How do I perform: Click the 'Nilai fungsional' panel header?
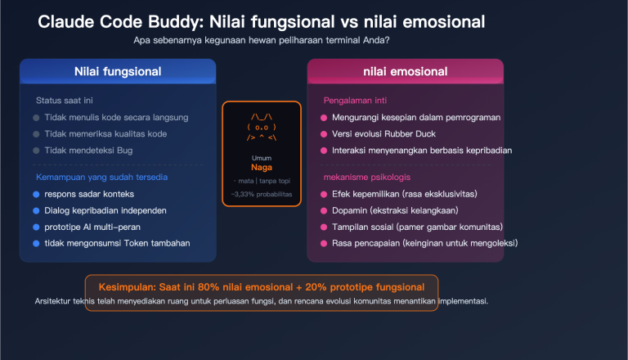click(117, 71)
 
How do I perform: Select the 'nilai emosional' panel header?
click(405, 71)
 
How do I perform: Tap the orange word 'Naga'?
click(261, 167)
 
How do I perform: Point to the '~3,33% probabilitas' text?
click(261, 194)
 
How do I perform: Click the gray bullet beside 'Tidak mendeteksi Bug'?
click(36, 151)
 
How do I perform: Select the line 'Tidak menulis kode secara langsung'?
click(117, 118)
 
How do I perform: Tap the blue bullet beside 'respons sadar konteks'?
click(36, 194)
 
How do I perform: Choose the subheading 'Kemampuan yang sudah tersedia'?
click(101, 177)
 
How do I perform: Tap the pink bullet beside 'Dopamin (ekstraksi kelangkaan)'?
click(324, 210)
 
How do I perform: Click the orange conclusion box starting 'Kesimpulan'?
click(262, 287)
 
